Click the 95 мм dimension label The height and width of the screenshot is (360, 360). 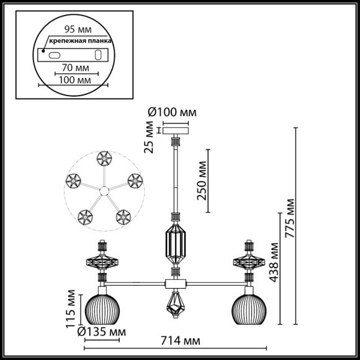[76, 29]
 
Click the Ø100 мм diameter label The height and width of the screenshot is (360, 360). [172, 113]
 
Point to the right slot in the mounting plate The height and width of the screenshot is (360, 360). [97, 55]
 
